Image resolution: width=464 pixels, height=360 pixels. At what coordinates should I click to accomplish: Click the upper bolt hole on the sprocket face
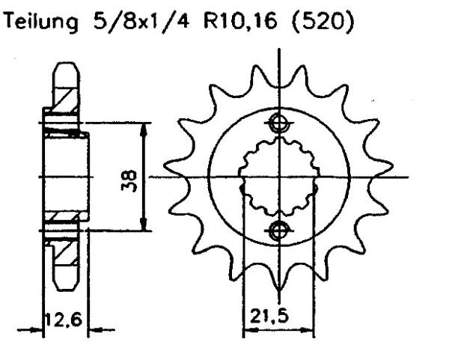(278, 123)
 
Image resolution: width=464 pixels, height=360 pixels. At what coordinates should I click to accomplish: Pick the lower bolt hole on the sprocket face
(278, 231)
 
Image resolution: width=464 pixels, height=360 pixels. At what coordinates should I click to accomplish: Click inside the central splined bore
(278, 177)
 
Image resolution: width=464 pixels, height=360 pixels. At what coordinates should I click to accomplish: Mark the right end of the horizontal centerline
(408, 177)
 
